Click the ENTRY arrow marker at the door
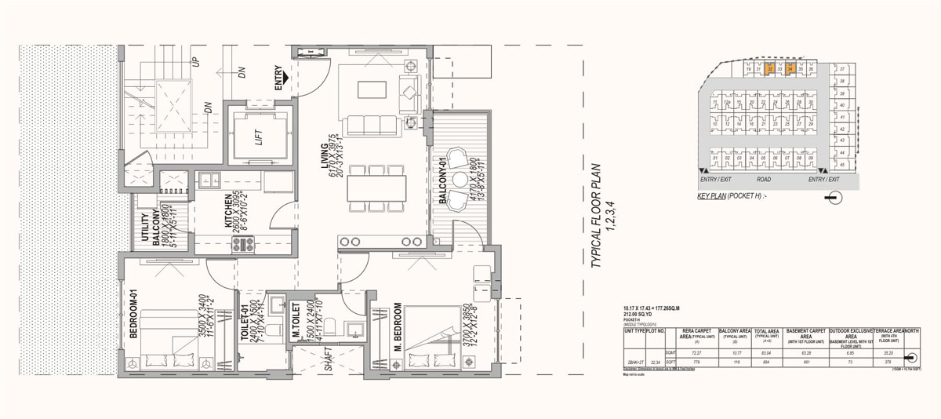coord(289,78)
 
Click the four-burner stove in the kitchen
coord(241,245)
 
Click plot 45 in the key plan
coord(841,165)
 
